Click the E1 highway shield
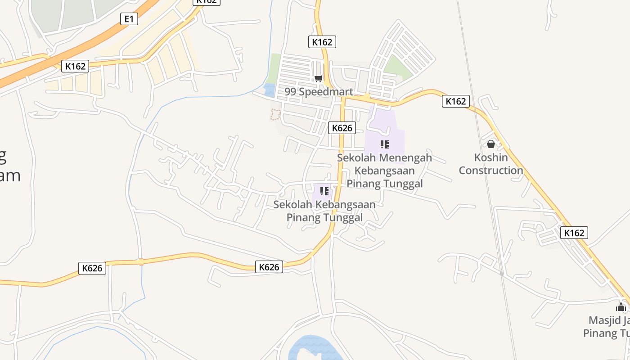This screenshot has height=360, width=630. [x=129, y=18]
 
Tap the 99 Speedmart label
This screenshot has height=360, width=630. [x=319, y=92]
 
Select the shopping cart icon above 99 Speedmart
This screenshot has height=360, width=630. [x=319, y=79]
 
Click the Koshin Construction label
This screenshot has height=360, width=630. [x=491, y=164]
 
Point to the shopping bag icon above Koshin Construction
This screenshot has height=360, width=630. [x=491, y=144]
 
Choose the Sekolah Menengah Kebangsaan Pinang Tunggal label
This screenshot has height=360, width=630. [x=384, y=171]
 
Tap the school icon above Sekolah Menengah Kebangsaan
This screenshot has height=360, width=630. [x=384, y=144]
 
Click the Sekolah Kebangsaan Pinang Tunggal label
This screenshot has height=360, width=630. [x=324, y=211]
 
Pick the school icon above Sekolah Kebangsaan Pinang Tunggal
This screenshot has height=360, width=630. [x=324, y=191]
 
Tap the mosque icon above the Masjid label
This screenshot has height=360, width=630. [x=621, y=307]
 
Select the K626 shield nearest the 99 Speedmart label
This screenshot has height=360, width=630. [x=342, y=128]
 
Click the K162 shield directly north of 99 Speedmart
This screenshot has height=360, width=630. [x=322, y=42]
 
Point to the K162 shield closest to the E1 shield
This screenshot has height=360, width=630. [x=75, y=66]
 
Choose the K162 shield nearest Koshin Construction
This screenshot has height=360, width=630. [x=456, y=101]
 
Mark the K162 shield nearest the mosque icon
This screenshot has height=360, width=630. [x=574, y=233]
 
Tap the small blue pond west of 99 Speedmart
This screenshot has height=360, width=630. [x=270, y=90]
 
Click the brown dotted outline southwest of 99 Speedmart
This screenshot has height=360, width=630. [x=275, y=114]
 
